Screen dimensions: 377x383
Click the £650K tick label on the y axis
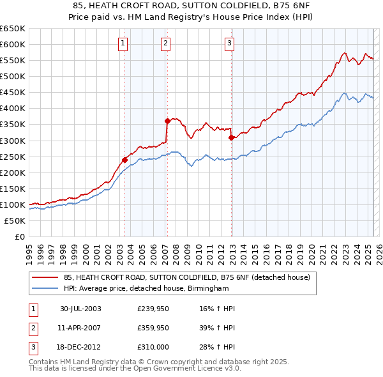click(12, 29)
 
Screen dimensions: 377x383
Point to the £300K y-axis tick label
click(12, 141)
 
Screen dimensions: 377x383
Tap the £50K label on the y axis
click(15, 220)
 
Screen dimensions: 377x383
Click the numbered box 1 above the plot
click(123, 43)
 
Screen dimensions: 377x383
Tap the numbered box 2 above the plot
click(165, 43)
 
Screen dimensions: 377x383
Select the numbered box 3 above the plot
click(229, 43)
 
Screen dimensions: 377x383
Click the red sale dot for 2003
click(125, 160)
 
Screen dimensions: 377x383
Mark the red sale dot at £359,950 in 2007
click(167, 121)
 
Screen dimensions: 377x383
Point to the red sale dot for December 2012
click(231, 137)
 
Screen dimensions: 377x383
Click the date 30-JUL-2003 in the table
click(80, 309)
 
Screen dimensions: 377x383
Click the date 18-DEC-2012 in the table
click(80, 347)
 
